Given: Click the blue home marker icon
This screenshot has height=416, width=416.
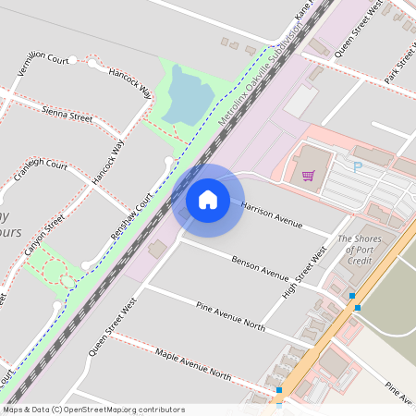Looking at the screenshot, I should [x=208, y=199].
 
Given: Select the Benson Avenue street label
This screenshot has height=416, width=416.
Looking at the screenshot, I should [x=261, y=268].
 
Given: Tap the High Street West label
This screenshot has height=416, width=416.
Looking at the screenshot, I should [x=306, y=271].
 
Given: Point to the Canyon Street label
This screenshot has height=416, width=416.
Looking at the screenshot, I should [x=44, y=236].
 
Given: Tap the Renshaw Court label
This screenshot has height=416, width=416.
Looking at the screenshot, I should [x=130, y=217].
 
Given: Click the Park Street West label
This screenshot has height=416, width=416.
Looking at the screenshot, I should [x=399, y=62].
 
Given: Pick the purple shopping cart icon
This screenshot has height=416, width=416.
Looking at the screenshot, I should [x=308, y=175].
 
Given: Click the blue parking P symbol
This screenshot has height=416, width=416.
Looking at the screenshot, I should [x=357, y=167].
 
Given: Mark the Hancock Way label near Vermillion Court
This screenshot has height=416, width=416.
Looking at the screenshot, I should [x=130, y=82].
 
